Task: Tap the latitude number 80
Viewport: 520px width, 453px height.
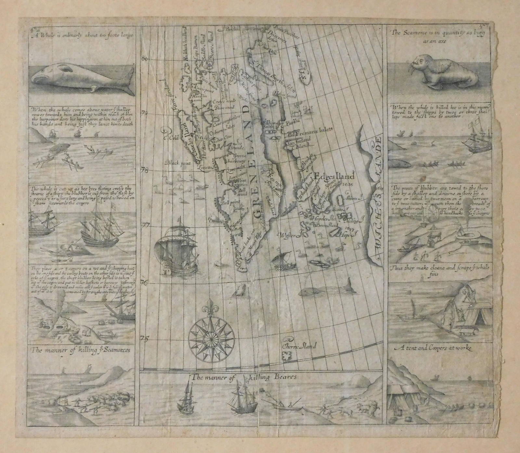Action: coord(145,59)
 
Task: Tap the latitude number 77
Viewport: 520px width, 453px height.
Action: coord(145,224)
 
